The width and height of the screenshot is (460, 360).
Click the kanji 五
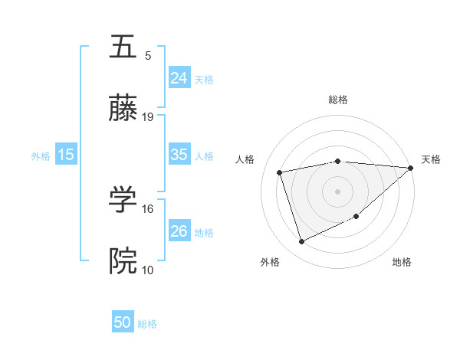[x=123, y=47]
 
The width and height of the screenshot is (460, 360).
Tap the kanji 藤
[x=123, y=110]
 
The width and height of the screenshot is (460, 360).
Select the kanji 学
[x=123, y=200]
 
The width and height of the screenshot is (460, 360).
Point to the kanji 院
[x=123, y=261]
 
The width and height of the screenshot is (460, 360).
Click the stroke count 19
[x=148, y=117]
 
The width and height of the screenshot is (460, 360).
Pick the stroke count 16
[x=148, y=208]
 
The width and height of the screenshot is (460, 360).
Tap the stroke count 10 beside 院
[x=148, y=270]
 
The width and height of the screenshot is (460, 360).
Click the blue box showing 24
[x=179, y=77]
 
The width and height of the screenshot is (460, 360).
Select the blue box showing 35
[x=179, y=155]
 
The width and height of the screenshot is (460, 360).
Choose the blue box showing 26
[x=179, y=231]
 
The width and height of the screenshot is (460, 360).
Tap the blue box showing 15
[x=66, y=155]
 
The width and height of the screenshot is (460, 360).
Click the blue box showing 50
[x=123, y=322]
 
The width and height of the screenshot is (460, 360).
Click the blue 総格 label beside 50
[x=147, y=324]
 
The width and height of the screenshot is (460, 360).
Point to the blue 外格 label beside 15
[x=41, y=156]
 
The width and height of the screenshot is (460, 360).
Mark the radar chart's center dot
[x=337, y=191]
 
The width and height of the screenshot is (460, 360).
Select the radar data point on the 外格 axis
[x=301, y=242]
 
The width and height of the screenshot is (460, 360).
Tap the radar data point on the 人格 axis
[x=280, y=172]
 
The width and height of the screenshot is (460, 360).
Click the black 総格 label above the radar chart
[x=338, y=100]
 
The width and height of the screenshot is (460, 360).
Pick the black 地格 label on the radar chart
[x=402, y=262]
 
